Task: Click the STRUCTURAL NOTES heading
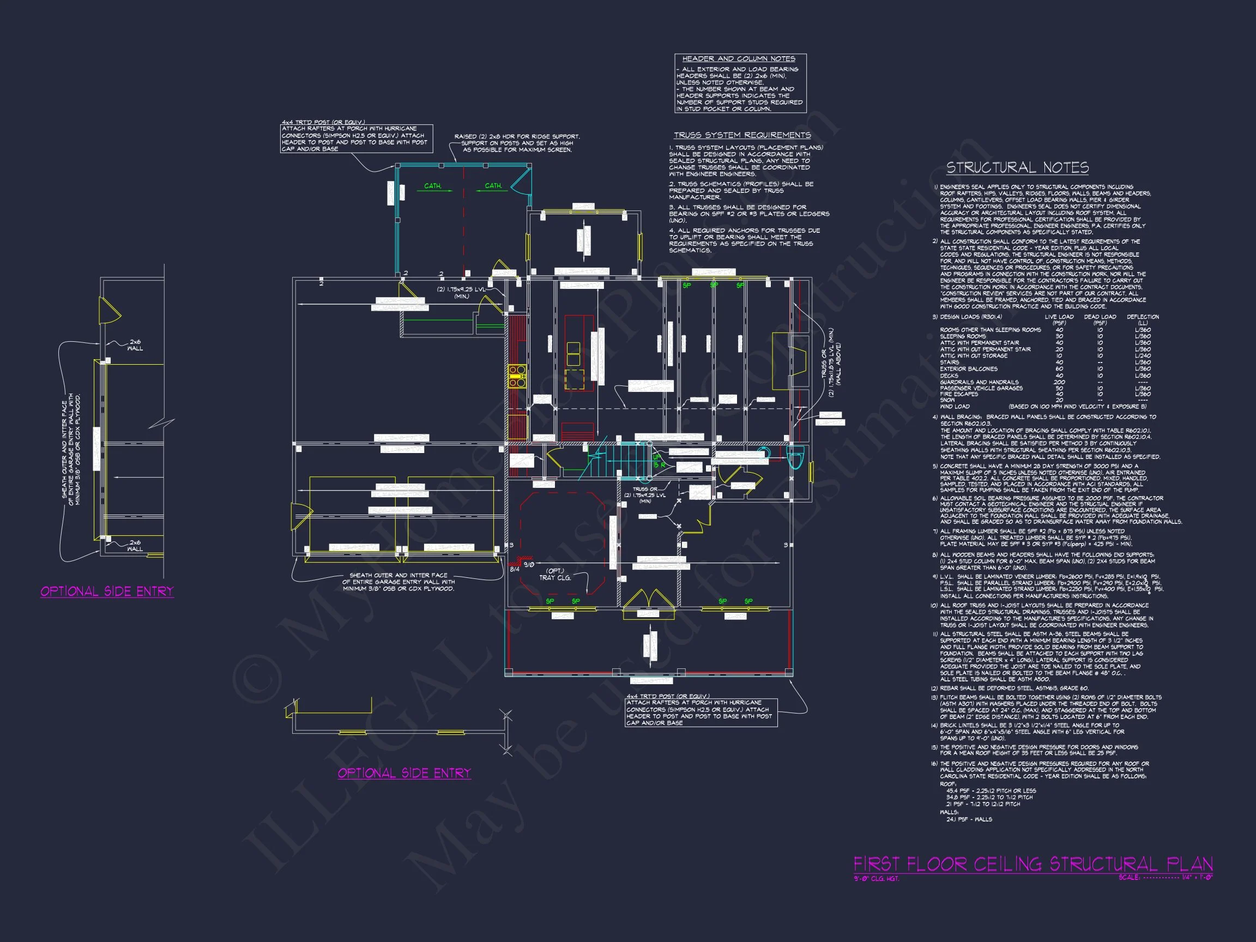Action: (x=1017, y=167)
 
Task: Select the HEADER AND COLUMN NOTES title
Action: (x=738, y=59)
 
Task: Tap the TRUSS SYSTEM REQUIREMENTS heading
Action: (x=741, y=135)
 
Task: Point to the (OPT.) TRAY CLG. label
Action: (x=555, y=574)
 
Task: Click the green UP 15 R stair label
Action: (x=658, y=461)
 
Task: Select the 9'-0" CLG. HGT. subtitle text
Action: (x=876, y=879)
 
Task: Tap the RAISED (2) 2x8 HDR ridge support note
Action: (x=517, y=143)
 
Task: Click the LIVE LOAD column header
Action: (x=1059, y=317)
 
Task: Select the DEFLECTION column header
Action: (x=1143, y=317)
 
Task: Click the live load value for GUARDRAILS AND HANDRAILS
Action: (x=1059, y=382)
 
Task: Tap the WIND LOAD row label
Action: (x=955, y=407)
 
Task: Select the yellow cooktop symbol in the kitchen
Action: (x=517, y=377)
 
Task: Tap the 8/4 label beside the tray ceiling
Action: (x=515, y=569)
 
